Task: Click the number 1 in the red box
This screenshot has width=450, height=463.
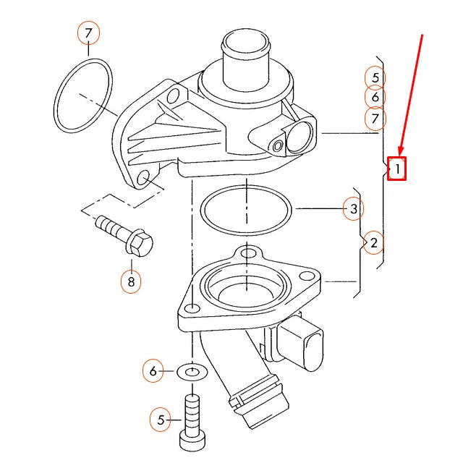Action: pos(396,169)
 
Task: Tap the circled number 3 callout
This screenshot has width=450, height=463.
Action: pos(353,210)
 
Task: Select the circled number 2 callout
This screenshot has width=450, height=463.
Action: pos(373,242)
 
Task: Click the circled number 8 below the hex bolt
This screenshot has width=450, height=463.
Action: pos(131,281)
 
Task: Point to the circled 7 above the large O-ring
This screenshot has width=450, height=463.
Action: pos(88,33)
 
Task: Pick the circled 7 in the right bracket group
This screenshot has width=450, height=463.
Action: pos(375,118)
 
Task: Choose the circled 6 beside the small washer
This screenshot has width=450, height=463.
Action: pos(153,372)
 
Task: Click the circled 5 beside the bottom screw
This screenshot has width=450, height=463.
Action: pos(161,418)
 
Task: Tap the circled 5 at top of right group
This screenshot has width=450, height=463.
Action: pos(375,77)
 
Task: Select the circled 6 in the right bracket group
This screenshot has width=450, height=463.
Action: pos(375,97)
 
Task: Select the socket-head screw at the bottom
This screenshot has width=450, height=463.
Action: pos(192,422)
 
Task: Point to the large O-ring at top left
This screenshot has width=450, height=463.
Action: pos(84,96)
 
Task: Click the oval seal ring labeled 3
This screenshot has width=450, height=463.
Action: pos(247,210)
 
